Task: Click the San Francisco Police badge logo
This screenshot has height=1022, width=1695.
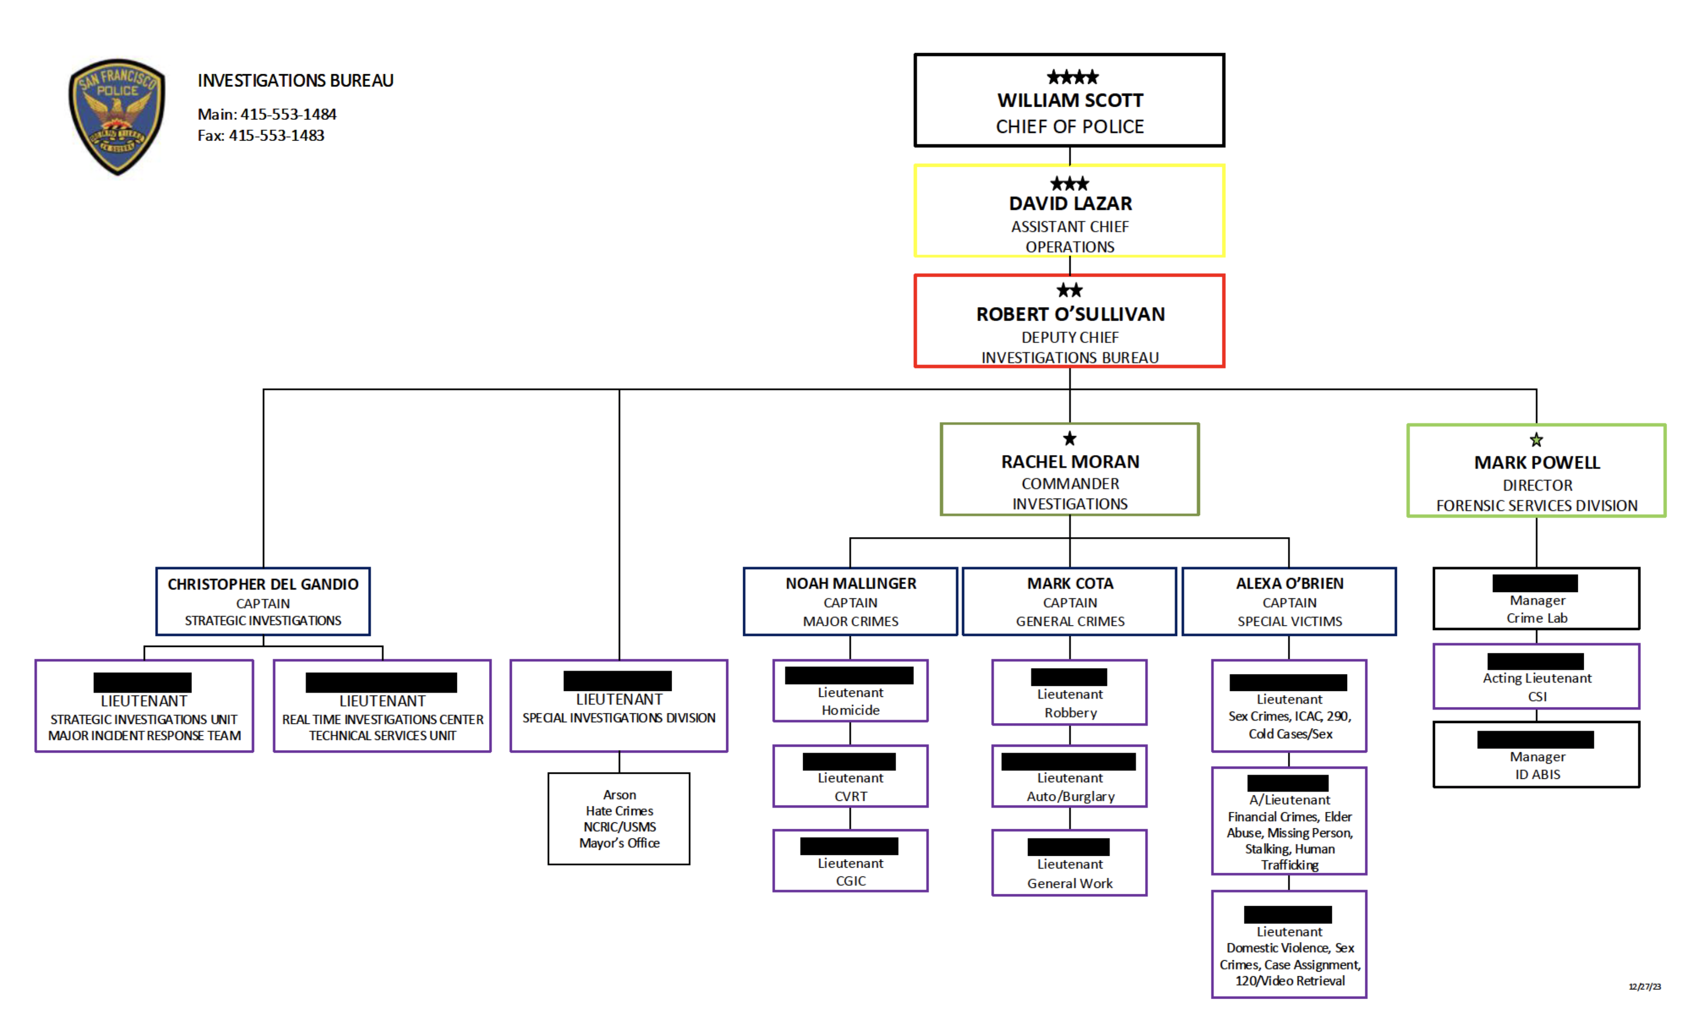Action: (117, 115)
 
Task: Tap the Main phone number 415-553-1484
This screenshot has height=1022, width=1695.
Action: (288, 114)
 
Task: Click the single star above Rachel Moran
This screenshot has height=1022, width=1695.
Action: (1069, 439)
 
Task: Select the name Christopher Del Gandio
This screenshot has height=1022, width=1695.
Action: (263, 584)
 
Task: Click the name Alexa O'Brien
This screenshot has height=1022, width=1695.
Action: (1289, 583)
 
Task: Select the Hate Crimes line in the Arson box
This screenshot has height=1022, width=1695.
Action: (619, 811)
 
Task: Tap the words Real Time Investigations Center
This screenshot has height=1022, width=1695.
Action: (382, 719)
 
